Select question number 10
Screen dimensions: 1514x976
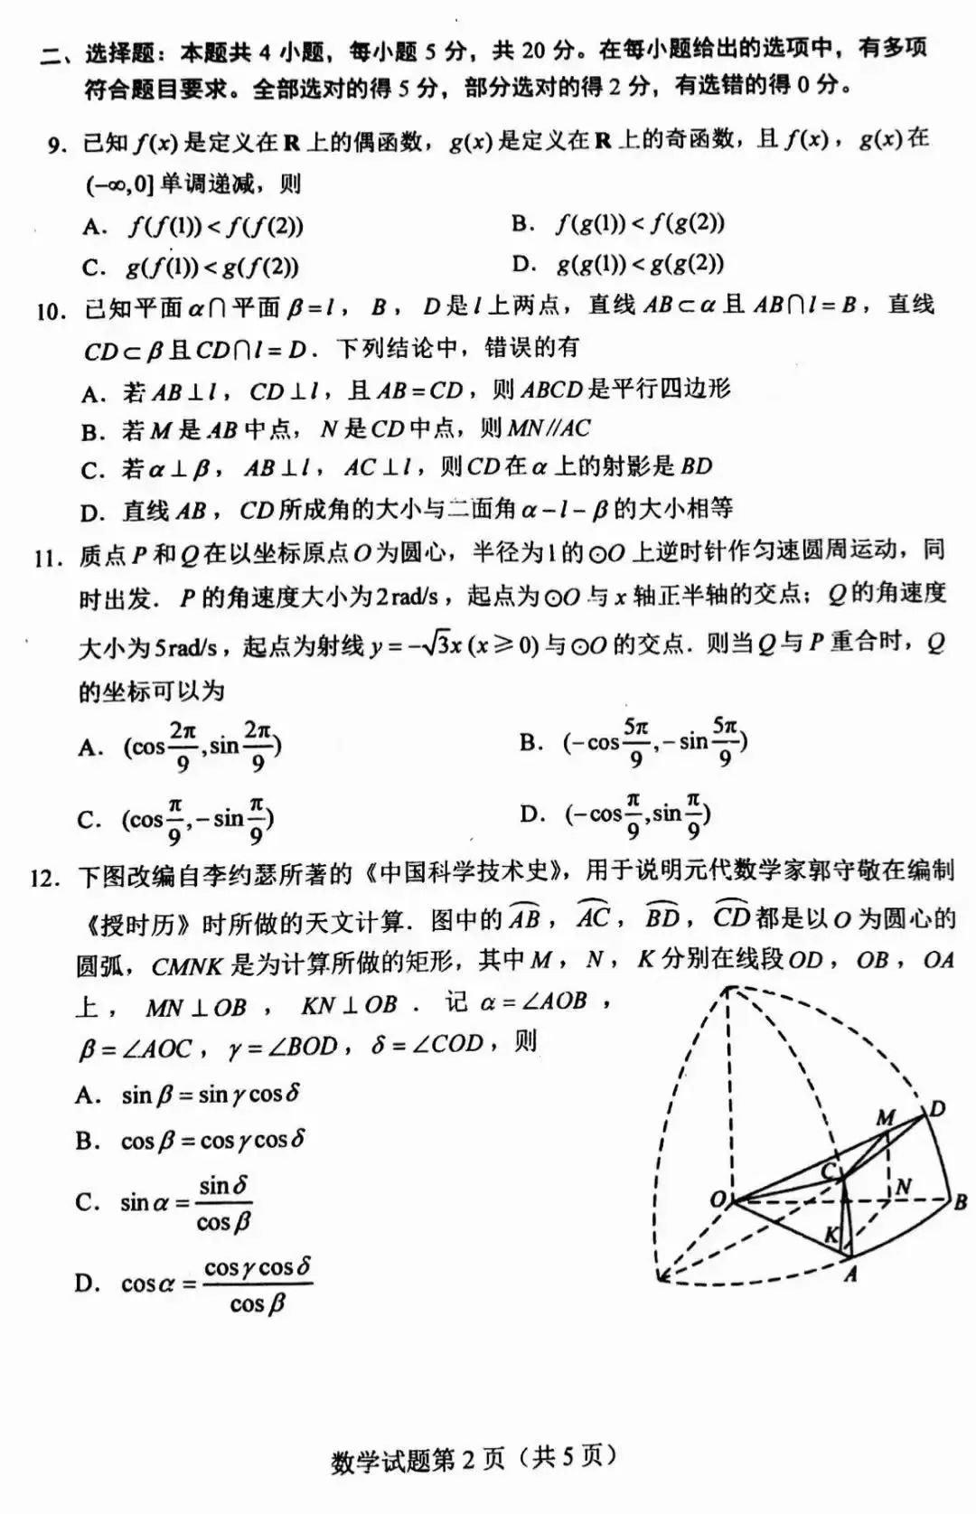tap(50, 311)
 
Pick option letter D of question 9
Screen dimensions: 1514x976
tap(523, 264)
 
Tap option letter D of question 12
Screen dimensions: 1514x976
tap(87, 1284)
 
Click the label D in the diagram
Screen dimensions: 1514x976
tap(937, 1108)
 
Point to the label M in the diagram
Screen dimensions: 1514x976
tap(885, 1118)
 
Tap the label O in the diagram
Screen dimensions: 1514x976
tap(718, 1199)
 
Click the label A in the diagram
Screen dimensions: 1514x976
tap(849, 1274)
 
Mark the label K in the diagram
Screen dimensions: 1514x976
tap(831, 1236)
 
